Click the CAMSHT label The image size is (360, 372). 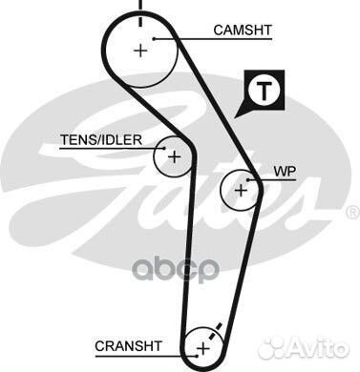point(243,31)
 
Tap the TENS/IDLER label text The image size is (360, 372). point(100,139)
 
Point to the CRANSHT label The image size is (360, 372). point(129,343)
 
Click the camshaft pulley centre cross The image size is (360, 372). point(141,50)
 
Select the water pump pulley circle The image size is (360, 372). point(241,190)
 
